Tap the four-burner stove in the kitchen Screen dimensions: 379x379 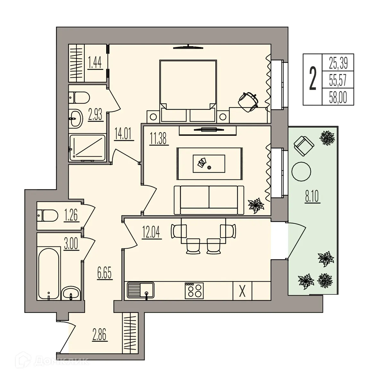(194, 290)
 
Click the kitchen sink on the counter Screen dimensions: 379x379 (141, 290)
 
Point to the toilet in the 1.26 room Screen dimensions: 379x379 (47, 215)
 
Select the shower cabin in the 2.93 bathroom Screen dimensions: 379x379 (87, 148)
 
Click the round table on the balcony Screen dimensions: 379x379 (301, 171)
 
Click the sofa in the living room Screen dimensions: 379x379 (209, 200)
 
